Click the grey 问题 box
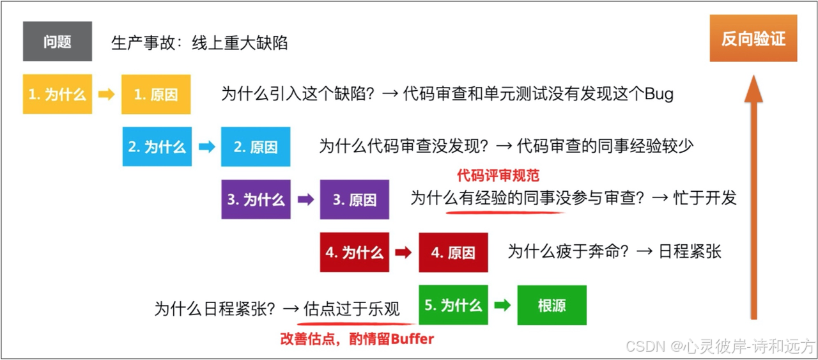(58, 42)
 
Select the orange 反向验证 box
(753, 39)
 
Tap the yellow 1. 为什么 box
(58, 94)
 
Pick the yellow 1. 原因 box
(156, 94)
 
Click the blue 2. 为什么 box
(157, 146)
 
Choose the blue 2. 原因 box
(256, 146)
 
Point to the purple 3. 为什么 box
(256, 199)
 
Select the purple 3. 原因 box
(355, 199)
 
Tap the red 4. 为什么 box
(355, 252)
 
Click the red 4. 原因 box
(453, 252)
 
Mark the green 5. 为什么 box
(453, 305)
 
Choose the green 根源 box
(552, 305)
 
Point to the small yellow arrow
(107, 94)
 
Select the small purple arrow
(305, 199)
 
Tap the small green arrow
(503, 305)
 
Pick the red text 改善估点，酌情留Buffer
(357, 339)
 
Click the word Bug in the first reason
(659, 94)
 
